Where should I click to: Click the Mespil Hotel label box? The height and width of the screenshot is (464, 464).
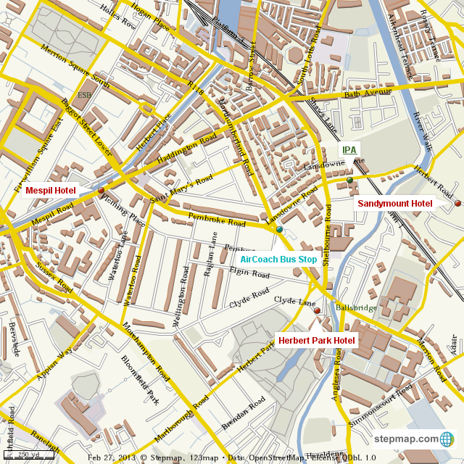pyautogui.click(x=50, y=191)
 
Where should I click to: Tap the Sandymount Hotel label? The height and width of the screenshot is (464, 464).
pyautogui.click(x=395, y=204)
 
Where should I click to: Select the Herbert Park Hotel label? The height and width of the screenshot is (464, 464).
pyautogui.click(x=317, y=340)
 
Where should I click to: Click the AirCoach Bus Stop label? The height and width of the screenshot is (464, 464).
pyautogui.click(x=278, y=259)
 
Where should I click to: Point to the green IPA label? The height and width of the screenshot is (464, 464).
pyautogui.click(x=349, y=150)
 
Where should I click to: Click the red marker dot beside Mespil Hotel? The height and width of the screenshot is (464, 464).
pyautogui.click(x=101, y=191)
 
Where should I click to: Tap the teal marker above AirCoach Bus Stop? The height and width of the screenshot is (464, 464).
pyautogui.click(x=279, y=230)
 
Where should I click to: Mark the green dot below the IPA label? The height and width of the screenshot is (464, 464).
pyautogui.click(x=349, y=180)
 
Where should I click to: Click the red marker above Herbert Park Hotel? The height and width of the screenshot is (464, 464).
pyautogui.click(x=318, y=311)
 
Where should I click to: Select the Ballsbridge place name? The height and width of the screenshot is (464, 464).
pyautogui.click(x=357, y=307)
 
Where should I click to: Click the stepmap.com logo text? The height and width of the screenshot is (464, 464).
pyautogui.click(x=406, y=439)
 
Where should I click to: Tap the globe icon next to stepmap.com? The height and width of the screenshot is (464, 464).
pyautogui.click(x=447, y=439)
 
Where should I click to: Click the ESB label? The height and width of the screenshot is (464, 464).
pyautogui.click(x=85, y=95)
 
